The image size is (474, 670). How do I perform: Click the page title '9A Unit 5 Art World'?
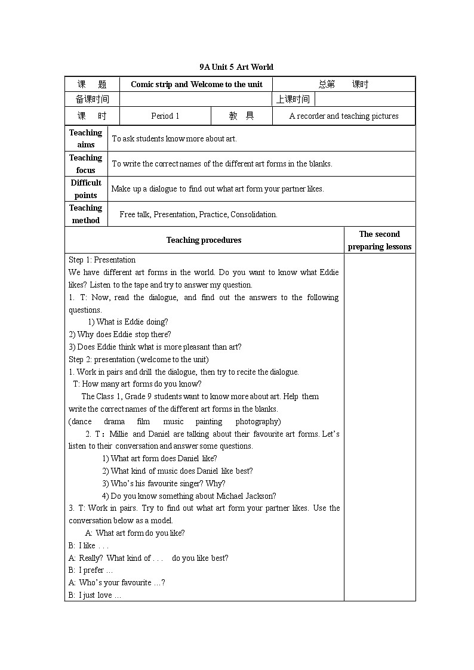point(236,67)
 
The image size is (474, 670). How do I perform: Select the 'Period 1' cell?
point(165,116)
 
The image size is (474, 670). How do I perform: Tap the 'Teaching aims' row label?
point(86,138)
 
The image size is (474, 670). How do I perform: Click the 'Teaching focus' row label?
point(86,163)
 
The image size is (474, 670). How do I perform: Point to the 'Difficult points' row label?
point(86,189)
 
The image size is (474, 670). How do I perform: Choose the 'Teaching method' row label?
point(86,214)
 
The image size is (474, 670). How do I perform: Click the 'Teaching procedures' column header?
point(204,240)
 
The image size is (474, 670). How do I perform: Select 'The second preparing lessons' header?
point(380,240)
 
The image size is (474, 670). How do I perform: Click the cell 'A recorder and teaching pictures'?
point(344,116)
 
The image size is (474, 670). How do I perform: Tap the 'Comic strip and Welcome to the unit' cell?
point(196,84)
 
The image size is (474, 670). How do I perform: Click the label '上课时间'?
point(293,100)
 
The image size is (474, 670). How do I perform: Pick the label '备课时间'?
point(93,100)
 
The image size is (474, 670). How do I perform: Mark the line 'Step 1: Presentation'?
point(102,260)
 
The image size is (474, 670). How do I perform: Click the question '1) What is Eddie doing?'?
point(128,322)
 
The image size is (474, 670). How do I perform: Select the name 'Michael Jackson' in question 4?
point(246,496)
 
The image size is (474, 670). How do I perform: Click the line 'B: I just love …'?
point(95,595)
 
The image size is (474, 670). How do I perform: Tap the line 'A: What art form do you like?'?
point(135,533)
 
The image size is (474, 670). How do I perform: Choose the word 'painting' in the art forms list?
point(209,421)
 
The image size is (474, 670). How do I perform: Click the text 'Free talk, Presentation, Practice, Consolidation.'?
point(198,214)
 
